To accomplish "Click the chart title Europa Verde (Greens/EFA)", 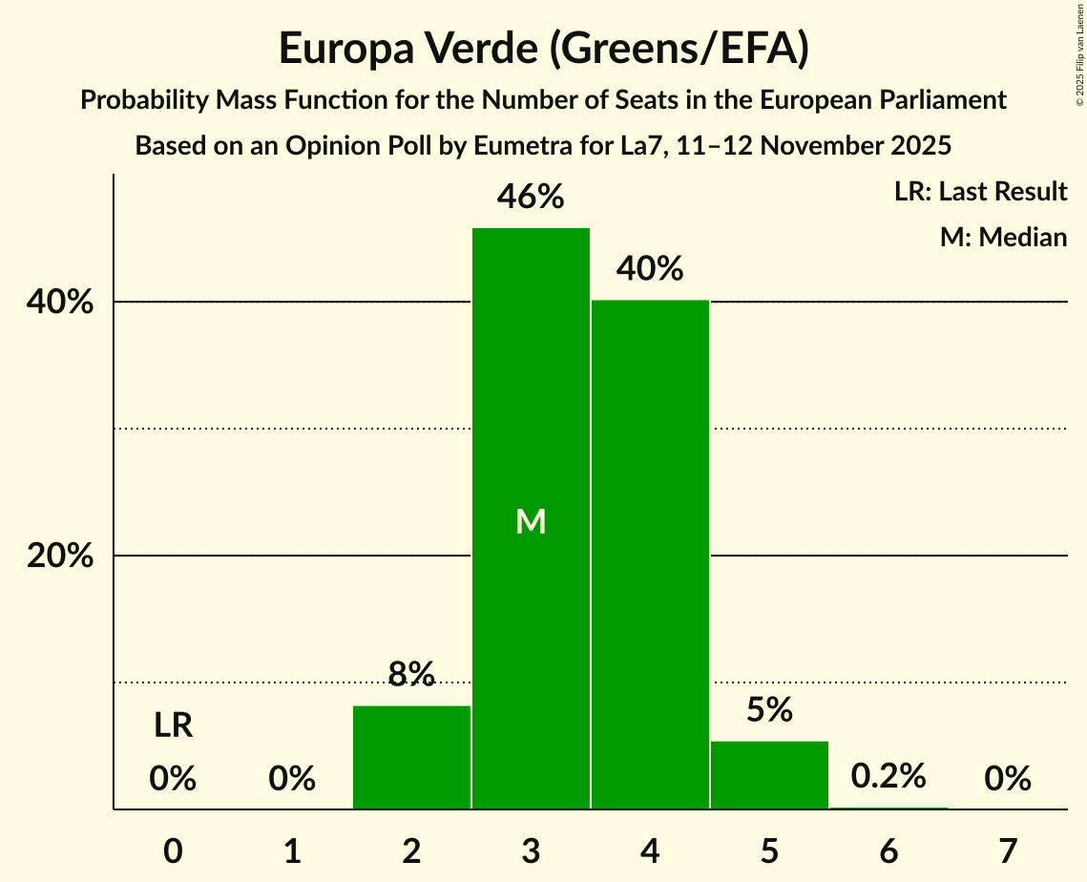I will pyautogui.click(x=543, y=49).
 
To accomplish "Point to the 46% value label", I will pyautogui.click(x=531, y=198).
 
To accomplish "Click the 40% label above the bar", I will pyautogui.click(x=650, y=269).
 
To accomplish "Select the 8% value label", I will pyautogui.click(x=411, y=675).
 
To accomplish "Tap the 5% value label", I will pyautogui.click(x=769, y=710).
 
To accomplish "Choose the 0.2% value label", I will pyautogui.click(x=888, y=776).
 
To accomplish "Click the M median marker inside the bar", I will pyautogui.click(x=531, y=521).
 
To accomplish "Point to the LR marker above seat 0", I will pyautogui.click(x=173, y=726).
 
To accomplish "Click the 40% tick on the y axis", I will pyautogui.click(x=60, y=303).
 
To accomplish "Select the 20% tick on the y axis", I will pyautogui.click(x=60, y=556).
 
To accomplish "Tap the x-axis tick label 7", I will pyautogui.click(x=1008, y=850).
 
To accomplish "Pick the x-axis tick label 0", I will pyautogui.click(x=173, y=850).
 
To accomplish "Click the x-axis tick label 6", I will pyautogui.click(x=888, y=850).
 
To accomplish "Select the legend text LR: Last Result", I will pyautogui.click(x=980, y=192).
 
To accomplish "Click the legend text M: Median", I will pyautogui.click(x=1003, y=237).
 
